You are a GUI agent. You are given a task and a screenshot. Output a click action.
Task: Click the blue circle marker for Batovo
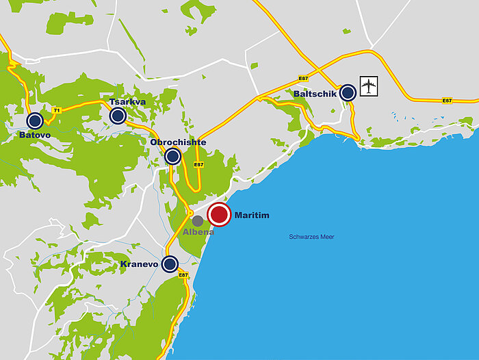point(35,121)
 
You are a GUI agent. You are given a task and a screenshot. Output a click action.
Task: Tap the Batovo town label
point(35,136)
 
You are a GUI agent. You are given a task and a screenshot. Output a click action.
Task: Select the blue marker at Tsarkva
point(117,116)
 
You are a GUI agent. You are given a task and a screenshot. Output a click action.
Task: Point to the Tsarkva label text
point(128,102)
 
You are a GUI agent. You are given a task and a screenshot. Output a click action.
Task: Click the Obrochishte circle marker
point(173,157)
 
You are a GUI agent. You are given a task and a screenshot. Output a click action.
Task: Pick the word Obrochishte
point(178,142)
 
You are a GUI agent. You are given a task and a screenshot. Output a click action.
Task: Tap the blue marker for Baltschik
point(348,92)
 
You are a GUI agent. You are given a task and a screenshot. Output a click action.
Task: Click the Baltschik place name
point(315,94)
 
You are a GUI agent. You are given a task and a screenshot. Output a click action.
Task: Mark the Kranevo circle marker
point(170,263)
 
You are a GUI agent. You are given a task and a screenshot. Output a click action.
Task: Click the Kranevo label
point(140,264)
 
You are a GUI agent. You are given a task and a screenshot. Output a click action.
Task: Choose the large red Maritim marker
point(220,215)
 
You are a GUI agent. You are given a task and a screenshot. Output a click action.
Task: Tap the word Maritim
point(252,216)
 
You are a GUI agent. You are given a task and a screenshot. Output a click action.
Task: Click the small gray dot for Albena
point(198,221)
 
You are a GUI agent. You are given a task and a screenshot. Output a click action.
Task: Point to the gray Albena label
point(198,232)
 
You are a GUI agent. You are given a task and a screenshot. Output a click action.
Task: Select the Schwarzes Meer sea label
point(311,236)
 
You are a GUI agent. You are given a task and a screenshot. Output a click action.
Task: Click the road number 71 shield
point(57,110)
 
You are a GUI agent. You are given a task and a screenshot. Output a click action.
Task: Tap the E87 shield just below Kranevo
point(183,275)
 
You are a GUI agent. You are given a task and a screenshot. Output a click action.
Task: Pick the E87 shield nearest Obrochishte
point(198,165)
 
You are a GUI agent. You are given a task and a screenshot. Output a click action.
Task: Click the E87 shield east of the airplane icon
point(447,101)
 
